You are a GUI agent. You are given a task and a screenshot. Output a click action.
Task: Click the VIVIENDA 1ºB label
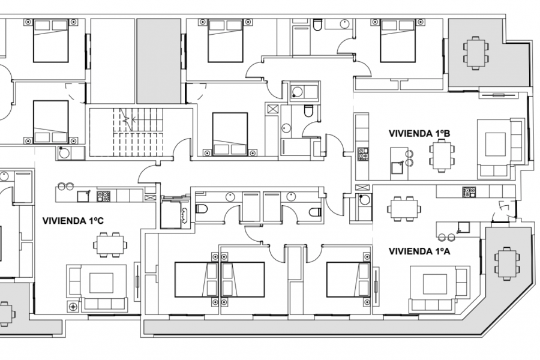[x=419, y=133]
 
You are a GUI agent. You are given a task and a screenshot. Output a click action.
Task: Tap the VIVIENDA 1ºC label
[x=73, y=221]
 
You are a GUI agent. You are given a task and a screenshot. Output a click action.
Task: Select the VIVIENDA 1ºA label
[x=419, y=251]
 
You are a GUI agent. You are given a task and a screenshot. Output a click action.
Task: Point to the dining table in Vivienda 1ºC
[x=109, y=243]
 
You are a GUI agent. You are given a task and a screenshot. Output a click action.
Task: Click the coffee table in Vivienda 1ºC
[x=101, y=282]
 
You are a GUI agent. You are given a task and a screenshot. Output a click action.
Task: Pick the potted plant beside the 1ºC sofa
[x=74, y=307]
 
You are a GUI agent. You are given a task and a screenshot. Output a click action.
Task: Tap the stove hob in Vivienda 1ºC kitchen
[x=103, y=195]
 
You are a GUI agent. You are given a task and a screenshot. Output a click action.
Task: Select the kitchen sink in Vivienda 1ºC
[x=83, y=195]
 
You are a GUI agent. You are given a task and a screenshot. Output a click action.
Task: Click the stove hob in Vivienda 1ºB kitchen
[x=362, y=154]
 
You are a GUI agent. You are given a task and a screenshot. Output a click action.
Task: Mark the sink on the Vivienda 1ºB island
[x=397, y=167]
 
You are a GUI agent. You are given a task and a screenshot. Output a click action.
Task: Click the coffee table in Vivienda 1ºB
[x=496, y=144]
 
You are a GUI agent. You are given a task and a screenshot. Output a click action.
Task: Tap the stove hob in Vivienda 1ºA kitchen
[x=469, y=192]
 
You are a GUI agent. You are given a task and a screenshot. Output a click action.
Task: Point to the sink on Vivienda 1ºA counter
[x=463, y=226]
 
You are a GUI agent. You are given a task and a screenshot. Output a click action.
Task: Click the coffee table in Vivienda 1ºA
[x=434, y=284]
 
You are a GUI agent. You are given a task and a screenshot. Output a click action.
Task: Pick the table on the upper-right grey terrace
[x=475, y=53]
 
